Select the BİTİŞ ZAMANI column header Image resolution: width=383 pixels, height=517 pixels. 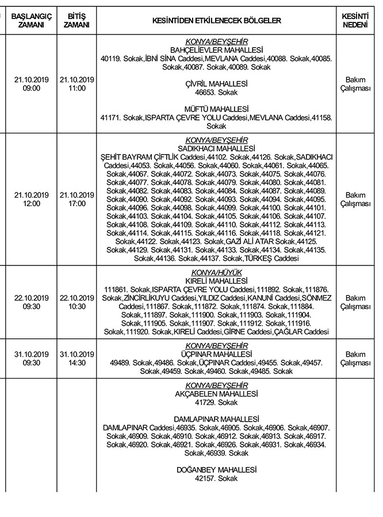(76, 21)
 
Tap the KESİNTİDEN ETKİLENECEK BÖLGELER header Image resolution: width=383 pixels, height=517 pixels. (216, 21)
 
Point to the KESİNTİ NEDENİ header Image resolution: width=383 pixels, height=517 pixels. (355, 21)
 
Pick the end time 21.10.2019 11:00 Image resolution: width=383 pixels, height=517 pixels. (76, 84)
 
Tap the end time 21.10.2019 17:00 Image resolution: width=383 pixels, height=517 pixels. (76, 199)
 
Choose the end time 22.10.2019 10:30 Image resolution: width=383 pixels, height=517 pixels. (76, 302)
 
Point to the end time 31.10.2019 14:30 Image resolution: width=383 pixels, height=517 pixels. (76, 358)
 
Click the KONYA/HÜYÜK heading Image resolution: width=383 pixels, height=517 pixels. (216, 272)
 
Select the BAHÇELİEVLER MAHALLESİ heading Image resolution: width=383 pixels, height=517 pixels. (216, 51)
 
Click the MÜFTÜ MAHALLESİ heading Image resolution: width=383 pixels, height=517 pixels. (216, 109)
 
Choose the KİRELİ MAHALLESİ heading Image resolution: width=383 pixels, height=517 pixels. (216, 280)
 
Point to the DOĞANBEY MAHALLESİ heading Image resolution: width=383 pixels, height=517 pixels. (216, 470)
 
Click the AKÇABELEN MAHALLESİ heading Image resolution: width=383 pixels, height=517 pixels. (216, 394)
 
